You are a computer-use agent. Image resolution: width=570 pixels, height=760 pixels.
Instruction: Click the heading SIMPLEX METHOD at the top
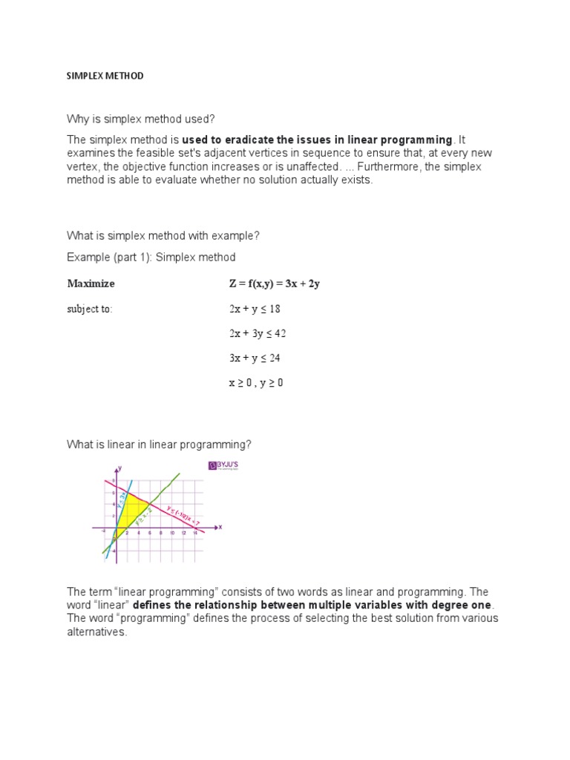point(105,76)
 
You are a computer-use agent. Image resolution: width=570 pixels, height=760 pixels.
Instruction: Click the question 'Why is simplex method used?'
point(140,119)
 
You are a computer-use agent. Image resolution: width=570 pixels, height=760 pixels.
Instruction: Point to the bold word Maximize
point(91,284)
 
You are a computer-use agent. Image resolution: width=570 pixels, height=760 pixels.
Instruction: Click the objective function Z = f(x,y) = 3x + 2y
point(275,284)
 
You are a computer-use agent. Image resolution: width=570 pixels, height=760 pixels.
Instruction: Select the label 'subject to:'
point(90,309)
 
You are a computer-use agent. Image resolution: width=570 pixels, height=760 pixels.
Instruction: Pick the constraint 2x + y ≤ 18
point(255,309)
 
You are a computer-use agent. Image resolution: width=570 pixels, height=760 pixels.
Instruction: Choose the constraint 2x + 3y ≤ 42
point(258,333)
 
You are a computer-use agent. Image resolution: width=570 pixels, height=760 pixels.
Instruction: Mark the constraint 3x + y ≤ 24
point(255,358)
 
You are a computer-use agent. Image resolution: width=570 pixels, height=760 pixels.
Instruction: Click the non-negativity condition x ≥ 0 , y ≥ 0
point(256,383)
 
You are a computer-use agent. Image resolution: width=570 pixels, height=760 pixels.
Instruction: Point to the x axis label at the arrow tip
point(220,528)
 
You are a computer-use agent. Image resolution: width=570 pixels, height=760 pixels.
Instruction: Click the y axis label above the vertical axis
point(120,468)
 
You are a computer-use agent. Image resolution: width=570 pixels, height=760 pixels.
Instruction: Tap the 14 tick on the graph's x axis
point(194,533)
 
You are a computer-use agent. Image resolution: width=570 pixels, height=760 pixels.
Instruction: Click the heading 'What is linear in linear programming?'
point(160,445)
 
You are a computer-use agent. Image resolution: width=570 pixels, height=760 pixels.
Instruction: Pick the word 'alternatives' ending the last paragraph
point(96,633)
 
